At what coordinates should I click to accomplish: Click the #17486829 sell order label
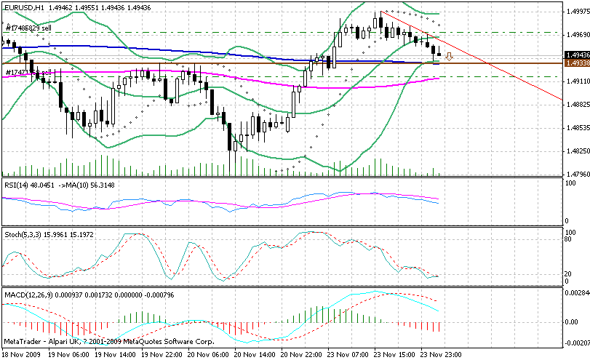[28, 28]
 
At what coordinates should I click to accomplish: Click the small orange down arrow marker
[450, 56]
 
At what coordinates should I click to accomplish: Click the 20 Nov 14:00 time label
[255, 353]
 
